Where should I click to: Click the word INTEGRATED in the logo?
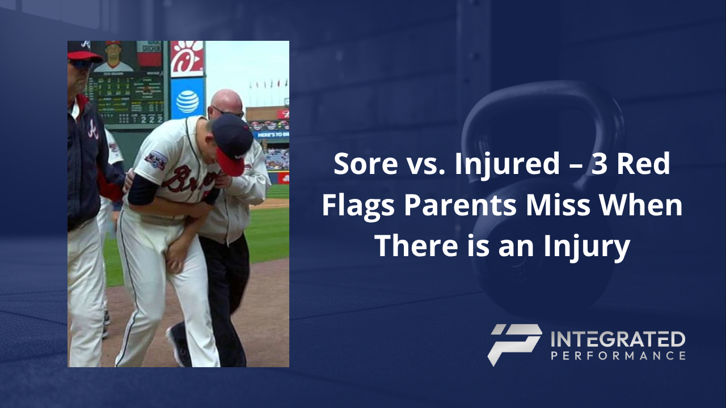point(618,339)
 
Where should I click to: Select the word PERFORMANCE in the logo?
point(618,356)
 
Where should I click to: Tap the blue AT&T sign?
point(187,101)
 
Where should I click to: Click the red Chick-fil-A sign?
point(187,58)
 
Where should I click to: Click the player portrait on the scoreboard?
point(113,57)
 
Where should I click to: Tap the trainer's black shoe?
point(178,346)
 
